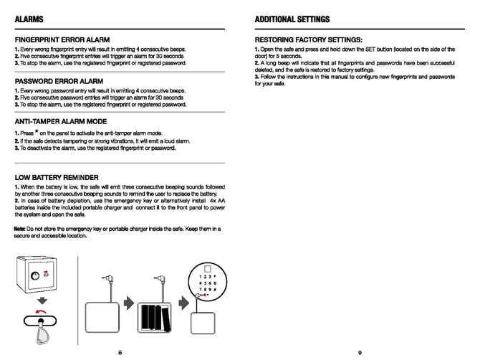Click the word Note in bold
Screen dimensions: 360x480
coord(19,228)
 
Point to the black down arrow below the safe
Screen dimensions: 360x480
coord(42,299)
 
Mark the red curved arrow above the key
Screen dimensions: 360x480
coord(42,313)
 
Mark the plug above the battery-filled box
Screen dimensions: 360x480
coord(161,278)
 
